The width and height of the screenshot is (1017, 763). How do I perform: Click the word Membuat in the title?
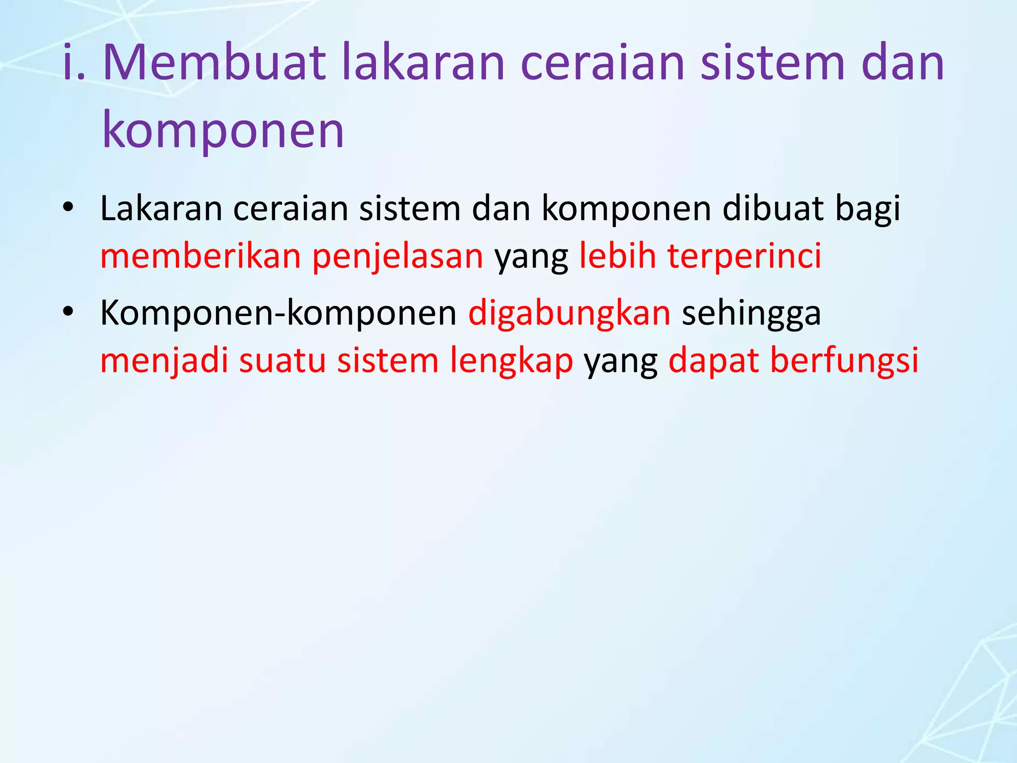click(214, 64)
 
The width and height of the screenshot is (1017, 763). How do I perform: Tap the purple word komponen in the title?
click(223, 130)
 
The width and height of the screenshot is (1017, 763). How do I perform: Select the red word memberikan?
click(201, 256)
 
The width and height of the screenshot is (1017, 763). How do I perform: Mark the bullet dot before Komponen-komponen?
click(68, 312)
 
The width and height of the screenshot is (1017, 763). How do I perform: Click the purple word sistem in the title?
click(772, 64)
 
